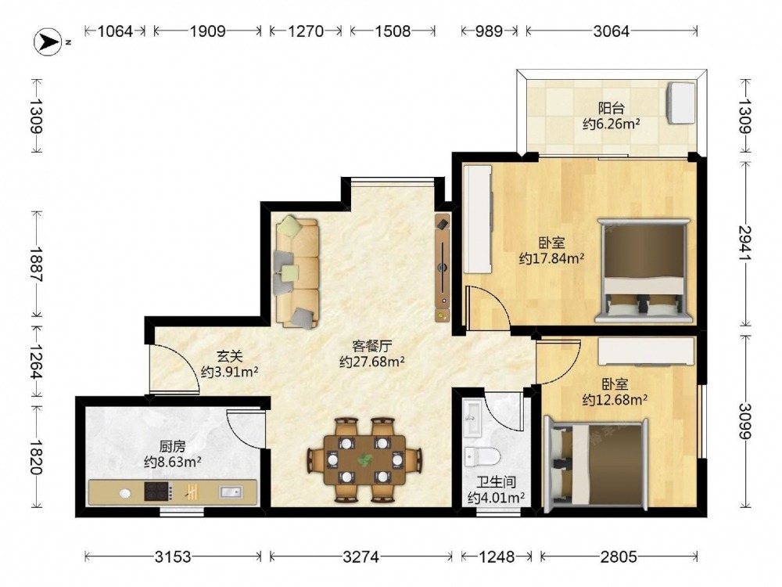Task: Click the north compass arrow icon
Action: [48, 42]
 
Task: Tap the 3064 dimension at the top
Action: [612, 31]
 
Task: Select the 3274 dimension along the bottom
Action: [361, 556]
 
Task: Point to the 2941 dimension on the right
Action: [745, 243]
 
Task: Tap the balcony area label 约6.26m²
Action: [611, 124]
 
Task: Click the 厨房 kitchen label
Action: [173, 446]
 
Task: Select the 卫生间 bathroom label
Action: [496, 482]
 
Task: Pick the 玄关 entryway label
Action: [229, 356]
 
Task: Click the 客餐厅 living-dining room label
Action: [372, 346]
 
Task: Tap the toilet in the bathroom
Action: [482, 456]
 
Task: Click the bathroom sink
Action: [472, 417]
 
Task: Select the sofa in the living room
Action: [296, 272]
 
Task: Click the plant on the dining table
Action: [365, 459]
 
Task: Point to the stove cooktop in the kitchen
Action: [159, 492]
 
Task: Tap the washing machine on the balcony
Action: [681, 103]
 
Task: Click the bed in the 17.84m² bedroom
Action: [644, 271]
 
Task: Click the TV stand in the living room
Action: [443, 268]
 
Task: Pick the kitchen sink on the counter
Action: [230, 492]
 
